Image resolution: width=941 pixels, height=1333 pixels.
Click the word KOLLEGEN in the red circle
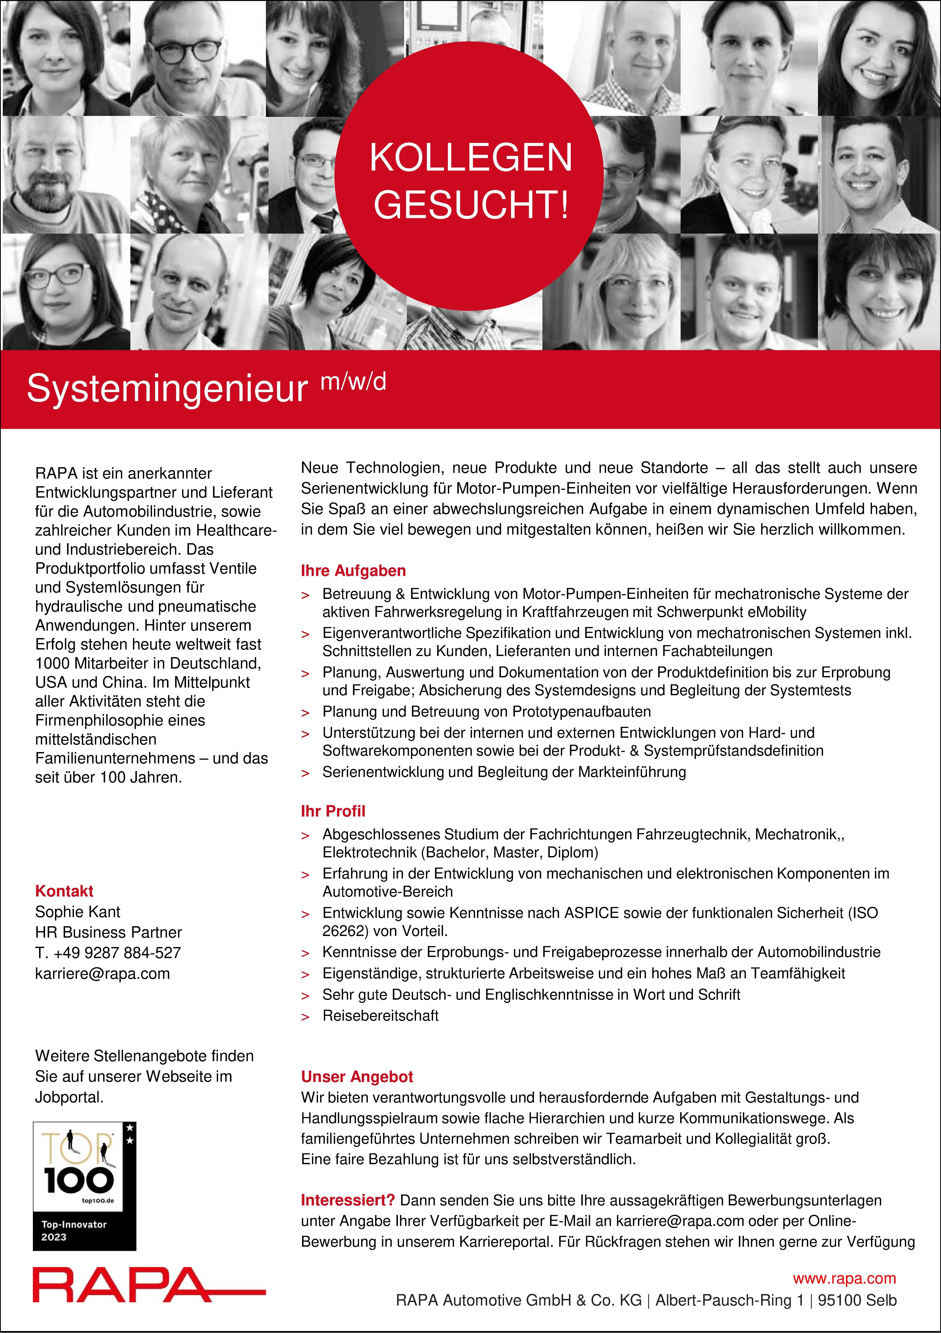(x=471, y=157)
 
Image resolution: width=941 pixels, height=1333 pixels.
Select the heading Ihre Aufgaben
(x=353, y=571)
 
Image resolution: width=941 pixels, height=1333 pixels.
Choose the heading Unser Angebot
(x=356, y=1076)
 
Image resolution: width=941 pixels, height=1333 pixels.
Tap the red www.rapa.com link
(x=844, y=1278)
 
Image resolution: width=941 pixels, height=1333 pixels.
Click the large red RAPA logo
(x=122, y=1293)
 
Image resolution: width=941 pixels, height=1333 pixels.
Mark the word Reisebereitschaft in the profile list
(x=380, y=1015)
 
